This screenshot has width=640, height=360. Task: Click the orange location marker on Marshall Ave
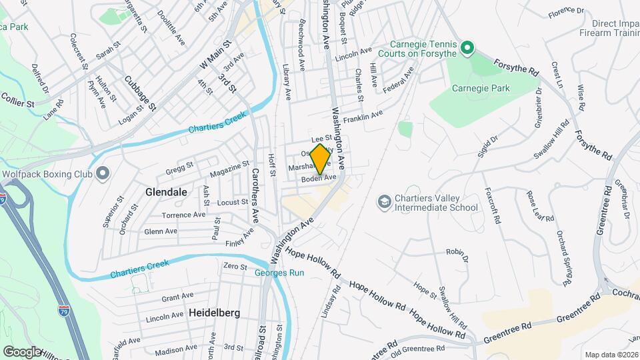tap(320, 159)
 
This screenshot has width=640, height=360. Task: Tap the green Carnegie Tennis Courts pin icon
tap(467, 47)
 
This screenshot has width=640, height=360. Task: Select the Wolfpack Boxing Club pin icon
tap(102, 174)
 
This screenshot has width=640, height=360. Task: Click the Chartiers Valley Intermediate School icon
tap(384, 201)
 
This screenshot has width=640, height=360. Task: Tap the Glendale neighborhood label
tap(166, 191)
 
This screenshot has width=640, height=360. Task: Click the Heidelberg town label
tap(213, 312)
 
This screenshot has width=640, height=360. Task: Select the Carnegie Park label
tap(480, 88)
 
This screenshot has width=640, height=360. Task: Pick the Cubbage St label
tap(140, 93)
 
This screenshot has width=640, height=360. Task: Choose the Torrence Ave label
tap(184, 215)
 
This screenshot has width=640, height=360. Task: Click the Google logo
tap(22, 351)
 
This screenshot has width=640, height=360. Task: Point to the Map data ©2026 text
tap(611, 355)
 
